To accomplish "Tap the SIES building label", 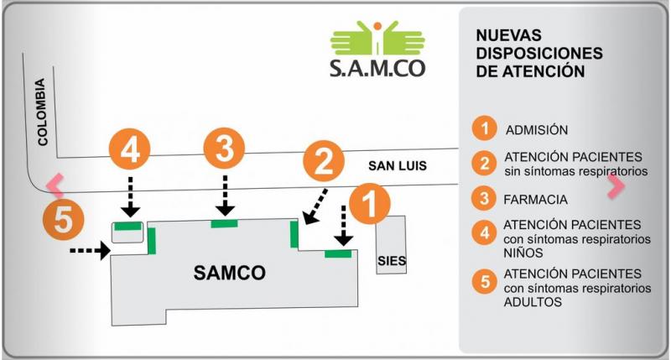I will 391,261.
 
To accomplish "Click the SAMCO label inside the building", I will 229,273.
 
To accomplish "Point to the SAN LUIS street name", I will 398,166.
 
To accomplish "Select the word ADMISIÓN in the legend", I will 537,130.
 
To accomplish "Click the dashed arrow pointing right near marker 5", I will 88,249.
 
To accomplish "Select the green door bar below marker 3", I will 225,223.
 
